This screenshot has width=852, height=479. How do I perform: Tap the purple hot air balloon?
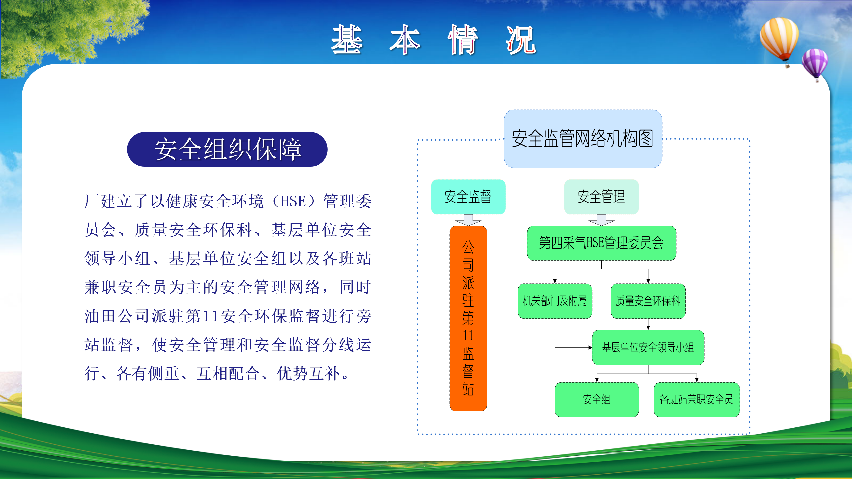point(815,64)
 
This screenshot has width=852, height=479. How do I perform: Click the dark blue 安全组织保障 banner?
point(227,149)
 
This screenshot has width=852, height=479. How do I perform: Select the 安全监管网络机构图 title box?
point(583,139)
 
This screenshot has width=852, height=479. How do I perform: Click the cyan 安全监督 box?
point(468,197)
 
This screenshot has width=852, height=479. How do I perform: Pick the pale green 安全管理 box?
point(601,197)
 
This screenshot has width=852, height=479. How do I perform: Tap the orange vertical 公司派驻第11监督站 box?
point(468,318)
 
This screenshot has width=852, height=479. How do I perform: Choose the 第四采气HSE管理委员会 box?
point(601,243)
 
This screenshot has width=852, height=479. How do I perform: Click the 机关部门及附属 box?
point(555,301)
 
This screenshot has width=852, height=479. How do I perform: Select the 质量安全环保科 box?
point(648,301)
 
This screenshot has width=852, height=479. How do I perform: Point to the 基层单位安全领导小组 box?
point(648,347)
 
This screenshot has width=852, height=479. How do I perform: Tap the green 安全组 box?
point(597,399)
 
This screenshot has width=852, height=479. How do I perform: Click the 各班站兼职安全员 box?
point(697,399)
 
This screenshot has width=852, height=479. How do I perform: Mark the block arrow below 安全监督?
point(468,220)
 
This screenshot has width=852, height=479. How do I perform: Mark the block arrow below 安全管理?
point(601,220)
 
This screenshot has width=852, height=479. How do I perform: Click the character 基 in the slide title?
point(347,39)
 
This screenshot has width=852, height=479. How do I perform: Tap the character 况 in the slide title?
point(521,40)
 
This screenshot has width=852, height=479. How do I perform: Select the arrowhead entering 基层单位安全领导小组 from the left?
point(590,348)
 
